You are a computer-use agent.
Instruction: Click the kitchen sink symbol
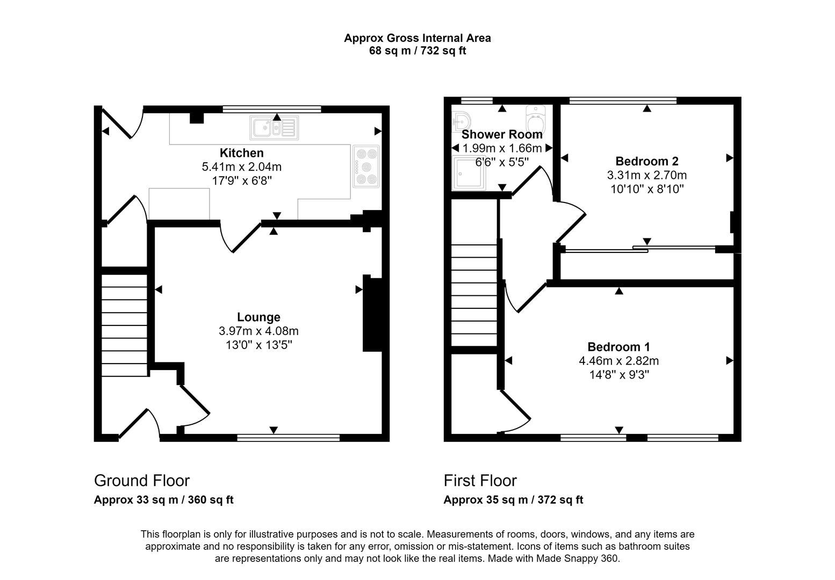(273, 128)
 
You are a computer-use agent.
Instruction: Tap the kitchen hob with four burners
(366, 166)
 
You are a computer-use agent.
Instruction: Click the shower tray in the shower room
(469, 173)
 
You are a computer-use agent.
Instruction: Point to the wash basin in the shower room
(460, 121)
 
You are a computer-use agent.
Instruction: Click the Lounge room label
(258, 317)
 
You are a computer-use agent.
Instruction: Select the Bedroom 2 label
(646, 161)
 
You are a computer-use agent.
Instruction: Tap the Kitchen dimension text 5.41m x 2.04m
(241, 167)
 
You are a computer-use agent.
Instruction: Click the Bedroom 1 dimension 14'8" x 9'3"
(618, 375)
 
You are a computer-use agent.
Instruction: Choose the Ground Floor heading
(142, 480)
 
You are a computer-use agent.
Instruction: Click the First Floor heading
(480, 480)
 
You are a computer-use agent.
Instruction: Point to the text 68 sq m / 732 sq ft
(417, 51)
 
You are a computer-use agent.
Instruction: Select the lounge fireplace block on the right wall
(372, 314)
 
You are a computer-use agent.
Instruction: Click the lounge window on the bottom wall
(288, 438)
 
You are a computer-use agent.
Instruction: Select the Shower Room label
(502, 134)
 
